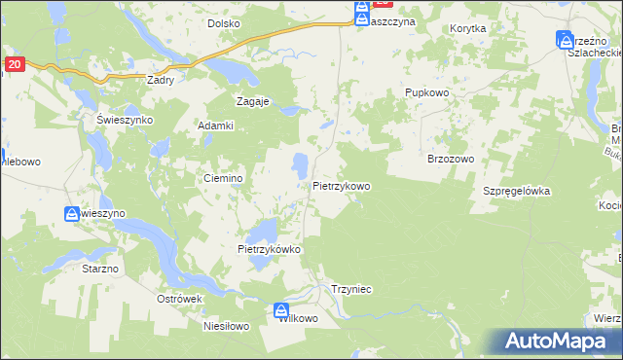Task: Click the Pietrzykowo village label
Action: (x=342, y=185)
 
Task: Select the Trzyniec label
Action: (x=352, y=288)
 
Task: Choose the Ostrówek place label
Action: (x=179, y=299)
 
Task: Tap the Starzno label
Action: (x=100, y=267)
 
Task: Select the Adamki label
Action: (x=216, y=126)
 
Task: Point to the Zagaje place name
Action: (x=253, y=100)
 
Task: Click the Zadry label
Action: (x=160, y=81)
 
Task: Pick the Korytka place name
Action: (x=468, y=29)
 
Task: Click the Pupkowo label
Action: (x=424, y=92)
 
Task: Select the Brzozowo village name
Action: (x=450, y=159)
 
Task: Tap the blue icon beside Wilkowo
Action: (x=282, y=306)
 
